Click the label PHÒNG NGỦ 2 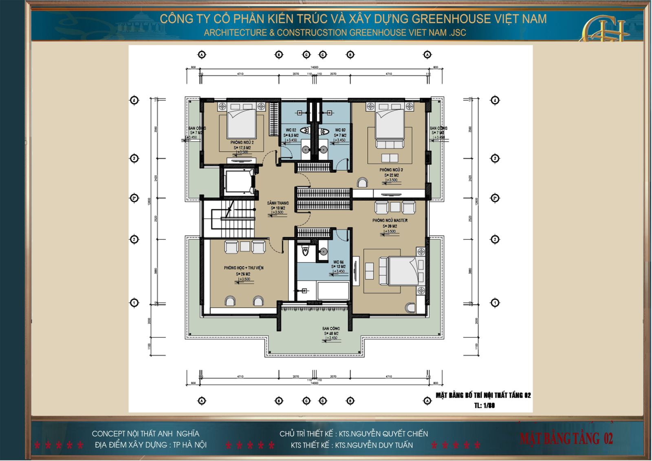coord(242,143)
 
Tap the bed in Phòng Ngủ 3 coord(390,124)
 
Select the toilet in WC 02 coord(304,131)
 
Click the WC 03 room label coord(340,130)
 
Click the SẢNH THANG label coord(278,203)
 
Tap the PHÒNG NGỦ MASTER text coord(390,221)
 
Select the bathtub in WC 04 coord(333,291)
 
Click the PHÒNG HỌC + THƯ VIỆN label coord(244,268)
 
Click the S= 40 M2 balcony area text coord(331,333)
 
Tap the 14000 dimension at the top coord(314,67)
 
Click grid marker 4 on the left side coord(134,100)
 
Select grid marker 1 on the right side coord(495,303)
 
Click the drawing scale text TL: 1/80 coord(484,405)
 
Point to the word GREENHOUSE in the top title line coord(451,19)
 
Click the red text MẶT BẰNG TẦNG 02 coord(566,439)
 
